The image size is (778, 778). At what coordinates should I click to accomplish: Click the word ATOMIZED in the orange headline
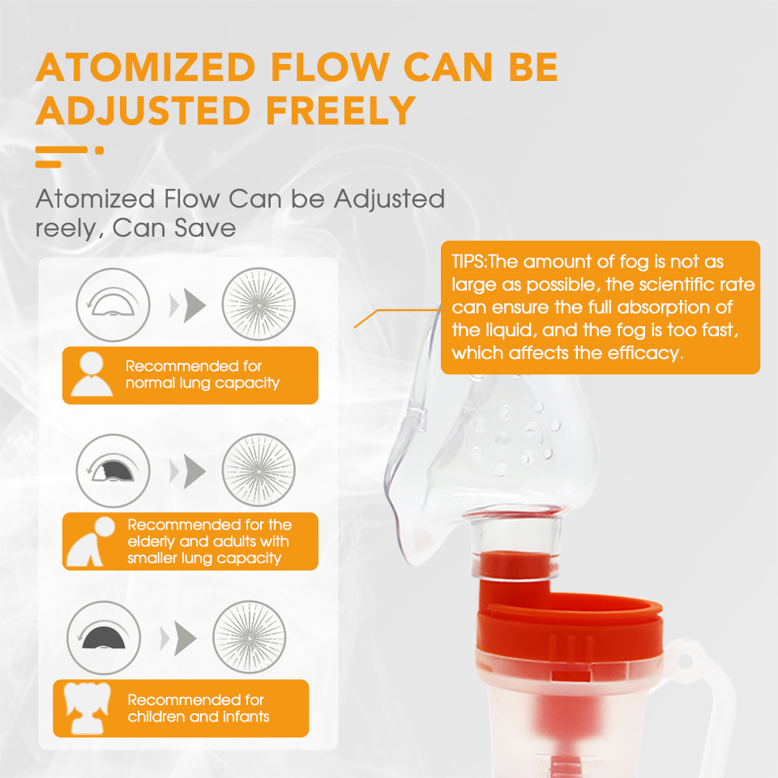pyautogui.click(x=145, y=67)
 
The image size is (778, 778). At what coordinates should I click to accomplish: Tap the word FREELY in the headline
pyautogui.click(x=340, y=110)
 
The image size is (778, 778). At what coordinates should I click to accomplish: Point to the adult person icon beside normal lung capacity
pyautogui.click(x=92, y=374)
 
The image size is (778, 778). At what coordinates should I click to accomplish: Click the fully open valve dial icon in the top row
pyautogui.click(x=113, y=305)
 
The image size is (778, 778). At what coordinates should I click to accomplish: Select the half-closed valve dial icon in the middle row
pyautogui.click(x=113, y=471)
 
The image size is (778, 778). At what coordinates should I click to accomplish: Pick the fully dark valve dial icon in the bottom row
pyautogui.click(x=104, y=638)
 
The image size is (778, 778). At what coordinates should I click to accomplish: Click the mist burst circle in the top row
pyautogui.click(x=259, y=304)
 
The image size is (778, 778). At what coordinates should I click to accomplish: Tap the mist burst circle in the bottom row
pyautogui.click(x=250, y=637)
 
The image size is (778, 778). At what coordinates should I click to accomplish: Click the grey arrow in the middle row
pyautogui.click(x=188, y=471)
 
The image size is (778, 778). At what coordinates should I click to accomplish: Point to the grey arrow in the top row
pyautogui.click(x=188, y=305)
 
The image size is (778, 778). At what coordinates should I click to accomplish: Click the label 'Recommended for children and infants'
pyautogui.click(x=198, y=708)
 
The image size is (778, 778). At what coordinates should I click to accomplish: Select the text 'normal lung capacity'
pyautogui.click(x=203, y=383)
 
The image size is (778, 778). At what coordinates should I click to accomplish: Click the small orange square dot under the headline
pyautogui.click(x=99, y=151)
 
